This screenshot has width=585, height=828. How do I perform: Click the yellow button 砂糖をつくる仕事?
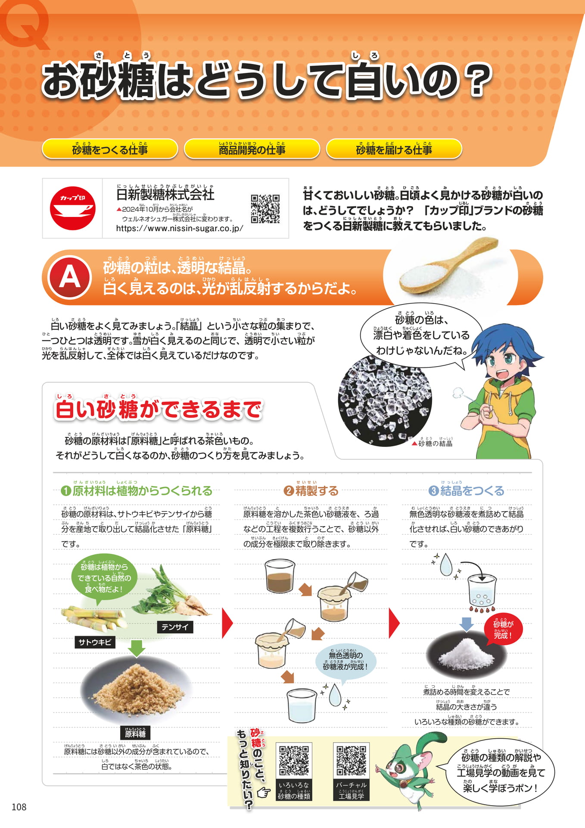tap(110, 149)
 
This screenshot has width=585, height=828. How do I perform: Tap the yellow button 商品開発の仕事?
tap(252, 149)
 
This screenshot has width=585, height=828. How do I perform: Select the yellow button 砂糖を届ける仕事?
tap(394, 149)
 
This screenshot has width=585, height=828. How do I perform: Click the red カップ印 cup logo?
tap(72, 208)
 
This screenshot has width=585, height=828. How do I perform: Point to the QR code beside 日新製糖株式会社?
tap(265, 209)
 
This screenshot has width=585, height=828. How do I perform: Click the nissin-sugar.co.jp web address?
tap(180, 229)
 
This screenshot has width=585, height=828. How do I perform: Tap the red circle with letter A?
tap(70, 277)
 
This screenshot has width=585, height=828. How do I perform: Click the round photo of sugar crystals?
tap(385, 400)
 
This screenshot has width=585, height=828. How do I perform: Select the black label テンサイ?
tap(175, 627)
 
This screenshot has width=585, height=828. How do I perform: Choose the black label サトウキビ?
tap(95, 642)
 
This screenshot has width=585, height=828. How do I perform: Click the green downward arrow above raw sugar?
tap(137, 648)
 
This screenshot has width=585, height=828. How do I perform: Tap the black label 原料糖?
tap(135, 733)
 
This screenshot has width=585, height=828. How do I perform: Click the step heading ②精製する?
tap(311, 491)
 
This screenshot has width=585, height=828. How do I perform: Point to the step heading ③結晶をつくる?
tap(467, 491)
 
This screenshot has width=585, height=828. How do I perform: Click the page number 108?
tap(19, 807)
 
